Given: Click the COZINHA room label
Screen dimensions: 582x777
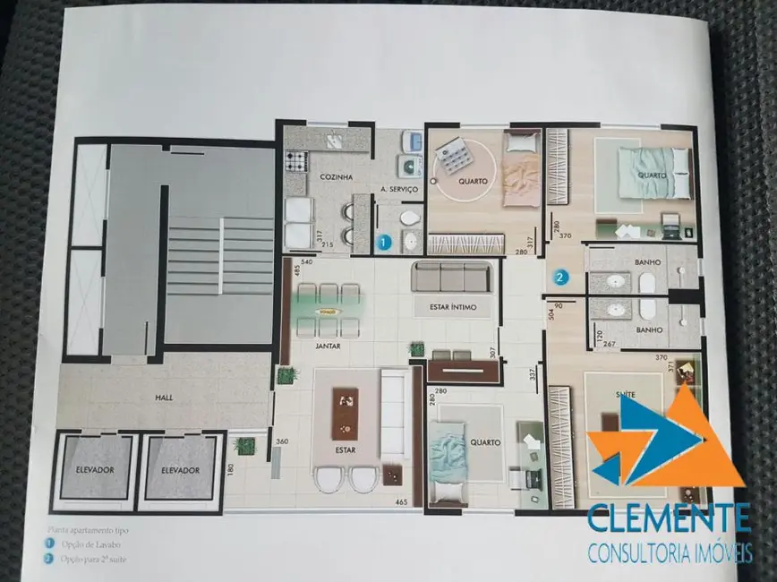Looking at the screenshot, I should click(336, 177).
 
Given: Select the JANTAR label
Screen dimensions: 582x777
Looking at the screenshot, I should click(328, 346).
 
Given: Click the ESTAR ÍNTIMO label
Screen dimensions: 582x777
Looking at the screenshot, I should click(452, 308).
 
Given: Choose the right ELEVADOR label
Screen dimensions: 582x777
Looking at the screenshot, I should click(181, 469).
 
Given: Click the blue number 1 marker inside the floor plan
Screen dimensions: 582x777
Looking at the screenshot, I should click(383, 241).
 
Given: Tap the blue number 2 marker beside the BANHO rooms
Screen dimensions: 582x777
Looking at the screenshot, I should click(560, 278).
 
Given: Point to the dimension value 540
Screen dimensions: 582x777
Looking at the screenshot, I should click(307, 262).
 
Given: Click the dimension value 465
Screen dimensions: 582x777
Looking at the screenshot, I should click(401, 502).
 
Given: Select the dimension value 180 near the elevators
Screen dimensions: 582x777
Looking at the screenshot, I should click(231, 470).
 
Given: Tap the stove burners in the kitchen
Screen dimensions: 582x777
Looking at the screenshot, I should click(295, 162).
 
